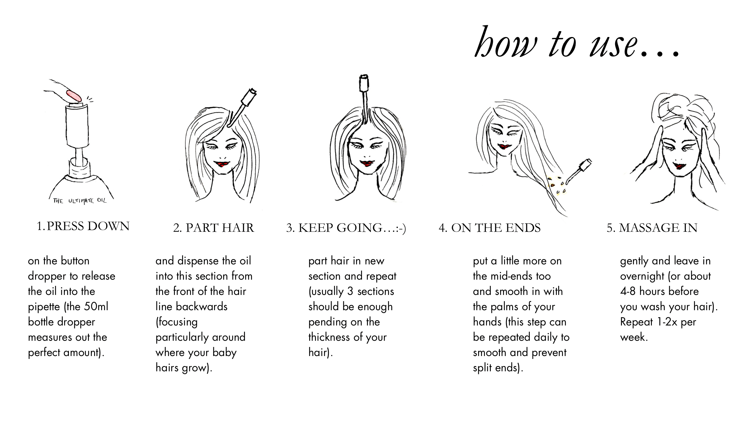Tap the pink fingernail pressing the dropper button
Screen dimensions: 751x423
[74, 96]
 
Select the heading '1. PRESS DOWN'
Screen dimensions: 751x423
[83, 226]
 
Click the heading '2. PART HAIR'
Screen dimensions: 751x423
[213, 228]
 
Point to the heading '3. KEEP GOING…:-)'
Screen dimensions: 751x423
[346, 228]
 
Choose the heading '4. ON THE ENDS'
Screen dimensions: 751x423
[490, 228]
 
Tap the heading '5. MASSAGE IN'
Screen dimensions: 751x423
[652, 228]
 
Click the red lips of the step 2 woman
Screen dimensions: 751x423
[222, 163]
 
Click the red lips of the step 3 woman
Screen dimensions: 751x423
[367, 163]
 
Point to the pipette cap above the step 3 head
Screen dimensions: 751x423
[364, 83]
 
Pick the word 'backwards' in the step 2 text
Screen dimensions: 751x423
[202, 307]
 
